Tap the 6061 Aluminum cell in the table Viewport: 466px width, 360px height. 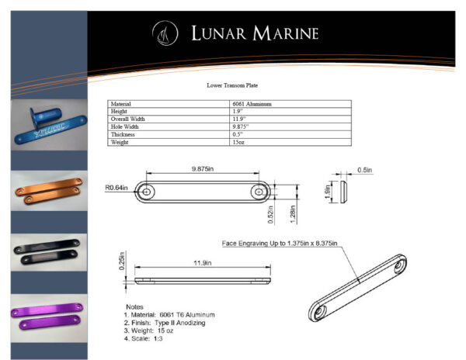(x=252, y=104)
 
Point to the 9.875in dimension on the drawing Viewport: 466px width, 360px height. (x=203, y=168)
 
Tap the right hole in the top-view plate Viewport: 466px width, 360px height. (x=258, y=191)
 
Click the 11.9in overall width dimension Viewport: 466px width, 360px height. (x=205, y=263)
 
